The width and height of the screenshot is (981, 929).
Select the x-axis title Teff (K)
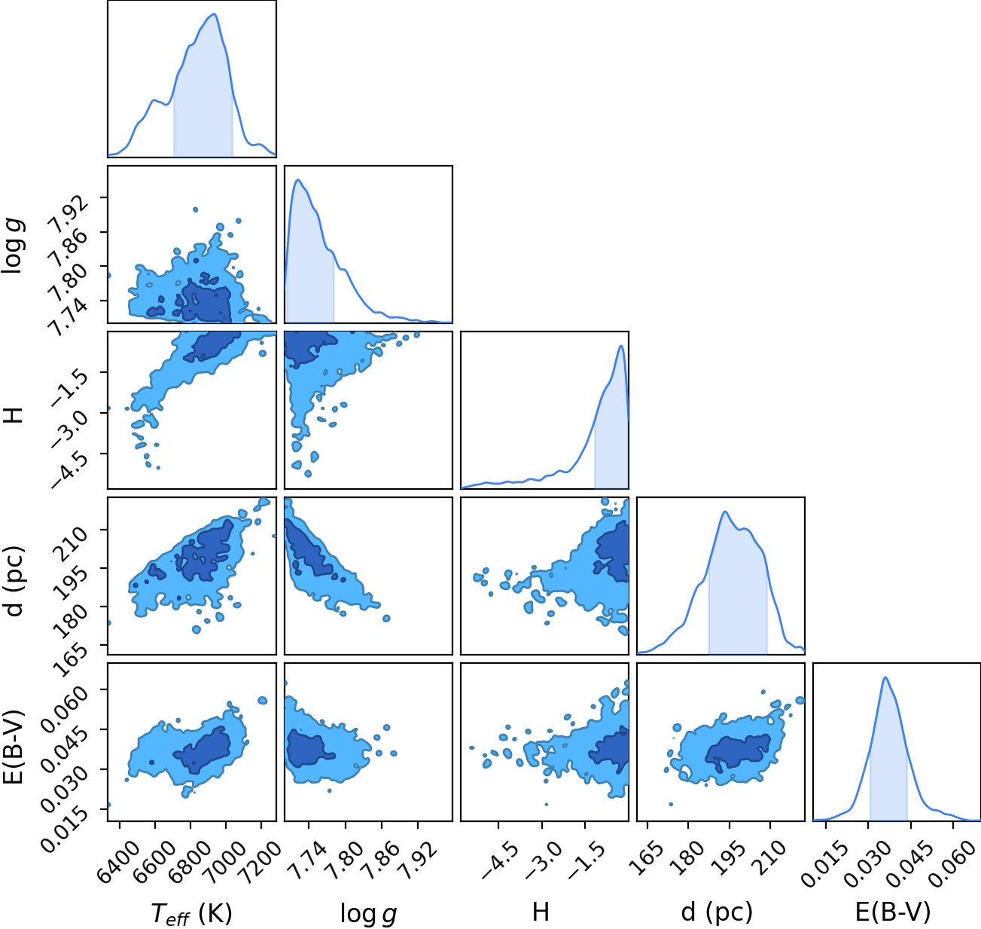coord(192,913)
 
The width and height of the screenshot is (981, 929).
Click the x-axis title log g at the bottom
coord(368,914)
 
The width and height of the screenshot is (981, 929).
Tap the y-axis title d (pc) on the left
coord(15,582)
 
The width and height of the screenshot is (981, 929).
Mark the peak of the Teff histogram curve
coord(214,14)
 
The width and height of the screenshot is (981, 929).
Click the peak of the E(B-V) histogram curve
coord(885,677)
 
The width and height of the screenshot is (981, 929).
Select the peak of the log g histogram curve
coord(298,180)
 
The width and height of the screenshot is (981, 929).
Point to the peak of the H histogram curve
coord(620,346)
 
